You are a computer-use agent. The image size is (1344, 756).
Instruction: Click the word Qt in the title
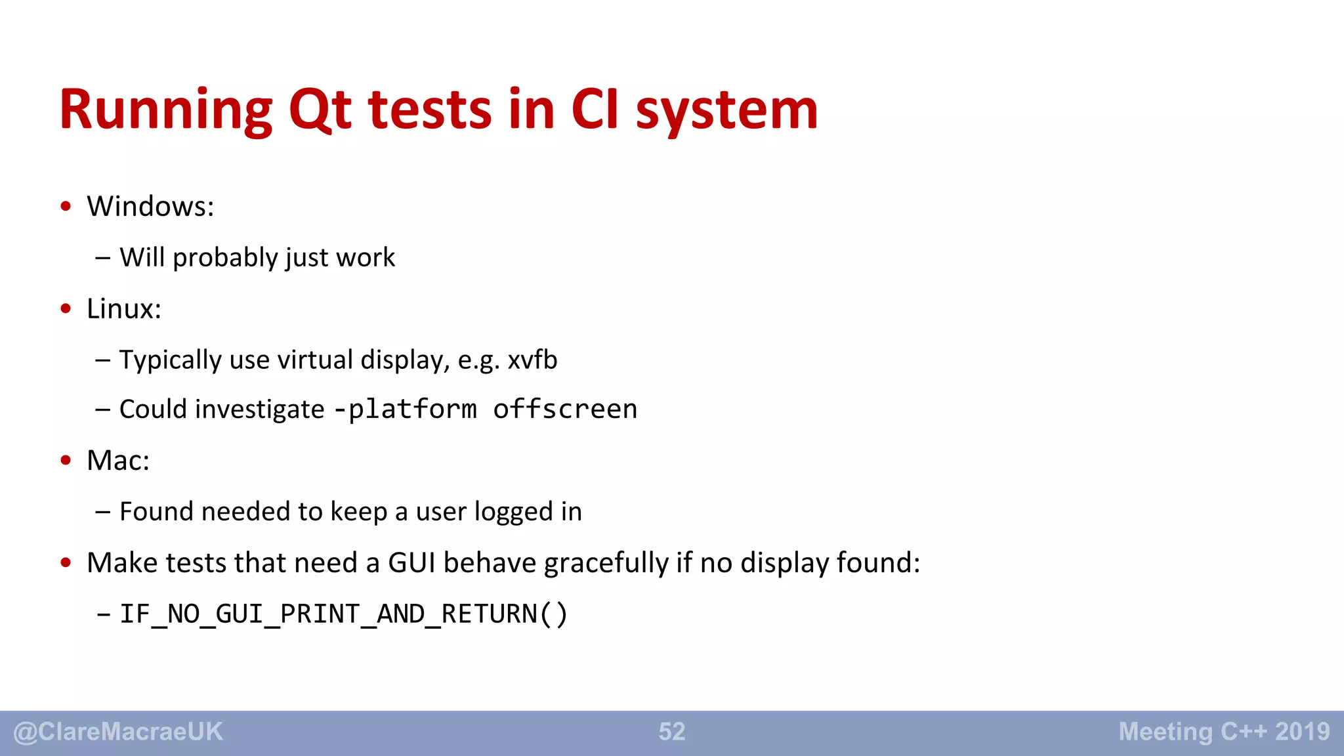(320, 110)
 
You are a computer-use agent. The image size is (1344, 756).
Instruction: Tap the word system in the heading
(726, 110)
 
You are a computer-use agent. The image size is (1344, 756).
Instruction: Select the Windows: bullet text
(150, 207)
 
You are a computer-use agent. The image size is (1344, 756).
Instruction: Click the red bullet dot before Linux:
(66, 308)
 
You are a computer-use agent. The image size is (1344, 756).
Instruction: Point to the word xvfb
(532, 360)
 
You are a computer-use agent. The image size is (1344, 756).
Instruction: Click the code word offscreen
(565, 409)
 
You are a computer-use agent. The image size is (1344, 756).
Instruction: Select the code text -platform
(406, 409)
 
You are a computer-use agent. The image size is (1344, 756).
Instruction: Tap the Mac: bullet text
(118, 461)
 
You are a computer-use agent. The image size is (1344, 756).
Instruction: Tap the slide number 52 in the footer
(672, 732)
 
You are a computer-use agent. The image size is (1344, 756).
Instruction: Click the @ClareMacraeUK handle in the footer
(118, 732)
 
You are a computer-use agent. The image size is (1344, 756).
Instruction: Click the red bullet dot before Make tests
(66, 562)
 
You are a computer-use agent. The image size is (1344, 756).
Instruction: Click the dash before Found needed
(102, 512)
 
